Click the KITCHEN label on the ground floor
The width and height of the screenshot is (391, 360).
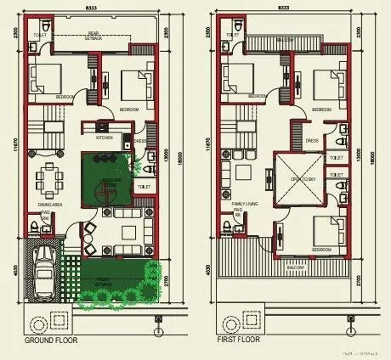pos(105,136)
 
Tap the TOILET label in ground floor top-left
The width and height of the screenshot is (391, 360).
pos(40,36)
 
